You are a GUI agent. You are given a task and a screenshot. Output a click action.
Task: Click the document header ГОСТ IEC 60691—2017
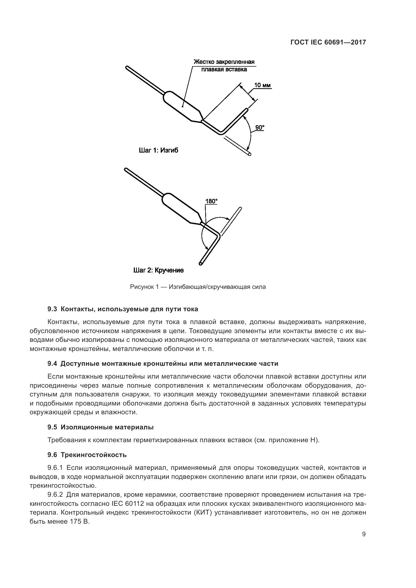[328, 42]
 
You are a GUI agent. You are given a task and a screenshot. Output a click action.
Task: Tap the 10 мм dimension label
[262, 85]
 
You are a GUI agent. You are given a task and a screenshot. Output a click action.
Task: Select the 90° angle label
[260, 127]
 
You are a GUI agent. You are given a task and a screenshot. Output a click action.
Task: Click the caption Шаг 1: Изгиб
[158, 150]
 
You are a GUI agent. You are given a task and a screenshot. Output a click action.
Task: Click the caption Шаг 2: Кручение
[158, 270]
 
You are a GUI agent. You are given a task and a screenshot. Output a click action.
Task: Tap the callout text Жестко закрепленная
[224, 62]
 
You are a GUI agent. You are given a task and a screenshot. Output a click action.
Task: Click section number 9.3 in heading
[52, 309]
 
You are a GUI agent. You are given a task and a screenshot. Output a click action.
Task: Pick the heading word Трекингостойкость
[94, 455]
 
